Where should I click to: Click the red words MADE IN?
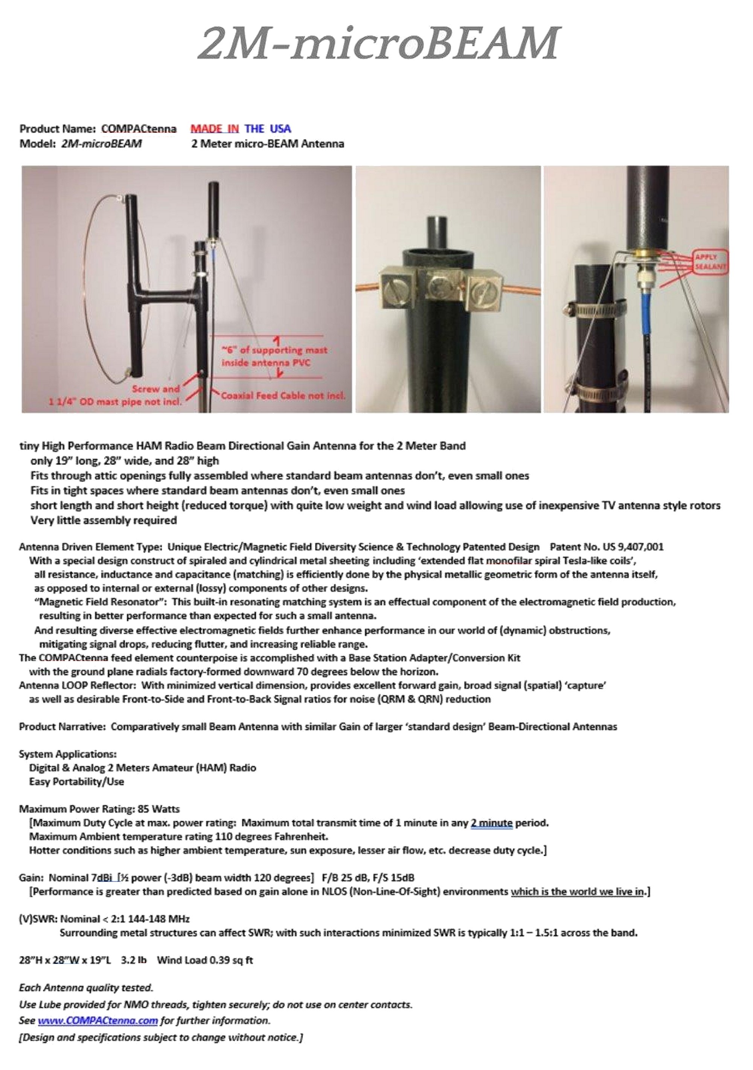point(215,129)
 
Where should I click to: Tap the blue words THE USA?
point(268,129)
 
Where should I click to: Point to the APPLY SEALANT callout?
point(710,262)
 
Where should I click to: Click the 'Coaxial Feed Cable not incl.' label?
point(283,396)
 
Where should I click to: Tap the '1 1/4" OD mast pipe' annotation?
point(115,402)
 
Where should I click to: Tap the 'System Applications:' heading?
point(68,754)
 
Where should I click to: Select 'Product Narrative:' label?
point(62,727)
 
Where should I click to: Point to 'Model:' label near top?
point(37,144)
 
